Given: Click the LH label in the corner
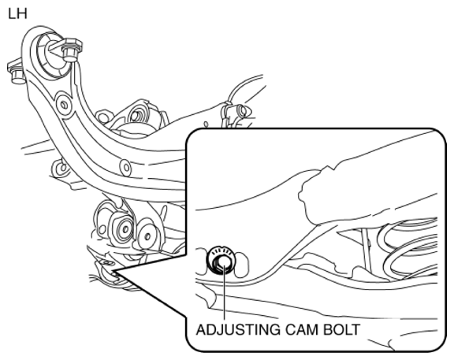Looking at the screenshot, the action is click(x=17, y=14).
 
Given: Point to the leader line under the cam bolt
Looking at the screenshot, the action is click(x=224, y=292).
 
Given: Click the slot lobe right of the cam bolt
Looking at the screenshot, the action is click(x=242, y=264).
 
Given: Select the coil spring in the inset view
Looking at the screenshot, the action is click(x=408, y=249).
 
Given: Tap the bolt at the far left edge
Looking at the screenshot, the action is click(x=15, y=72).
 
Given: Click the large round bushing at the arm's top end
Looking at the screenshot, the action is click(x=51, y=56).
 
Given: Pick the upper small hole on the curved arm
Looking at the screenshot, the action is click(x=64, y=105).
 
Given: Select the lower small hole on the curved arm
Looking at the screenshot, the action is click(x=126, y=167).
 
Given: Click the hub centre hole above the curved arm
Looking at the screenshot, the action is click(x=135, y=116).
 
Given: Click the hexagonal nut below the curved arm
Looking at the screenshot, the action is click(x=122, y=228).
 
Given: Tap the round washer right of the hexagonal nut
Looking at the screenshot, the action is click(x=147, y=236).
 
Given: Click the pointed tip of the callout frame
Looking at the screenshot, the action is click(x=113, y=272).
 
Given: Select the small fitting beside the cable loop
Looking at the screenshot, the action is click(x=238, y=111).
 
